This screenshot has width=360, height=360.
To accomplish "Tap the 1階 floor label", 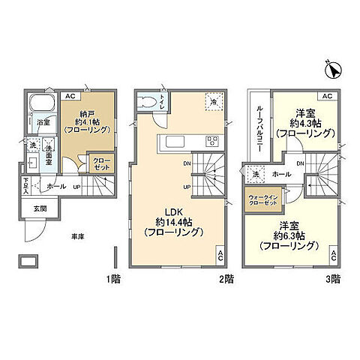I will click(x=113, y=279).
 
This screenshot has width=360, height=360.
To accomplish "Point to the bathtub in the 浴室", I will click(x=41, y=105).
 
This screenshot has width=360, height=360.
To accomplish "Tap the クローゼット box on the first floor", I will click(x=101, y=163).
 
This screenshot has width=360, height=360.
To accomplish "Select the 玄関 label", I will click(x=39, y=208).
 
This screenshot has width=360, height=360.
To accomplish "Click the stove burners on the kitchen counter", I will click(x=212, y=141).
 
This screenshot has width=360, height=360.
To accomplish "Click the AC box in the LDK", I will click(x=220, y=254).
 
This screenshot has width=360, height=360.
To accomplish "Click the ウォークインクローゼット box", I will click(x=262, y=202).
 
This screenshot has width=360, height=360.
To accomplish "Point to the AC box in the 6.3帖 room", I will click(x=333, y=256).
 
